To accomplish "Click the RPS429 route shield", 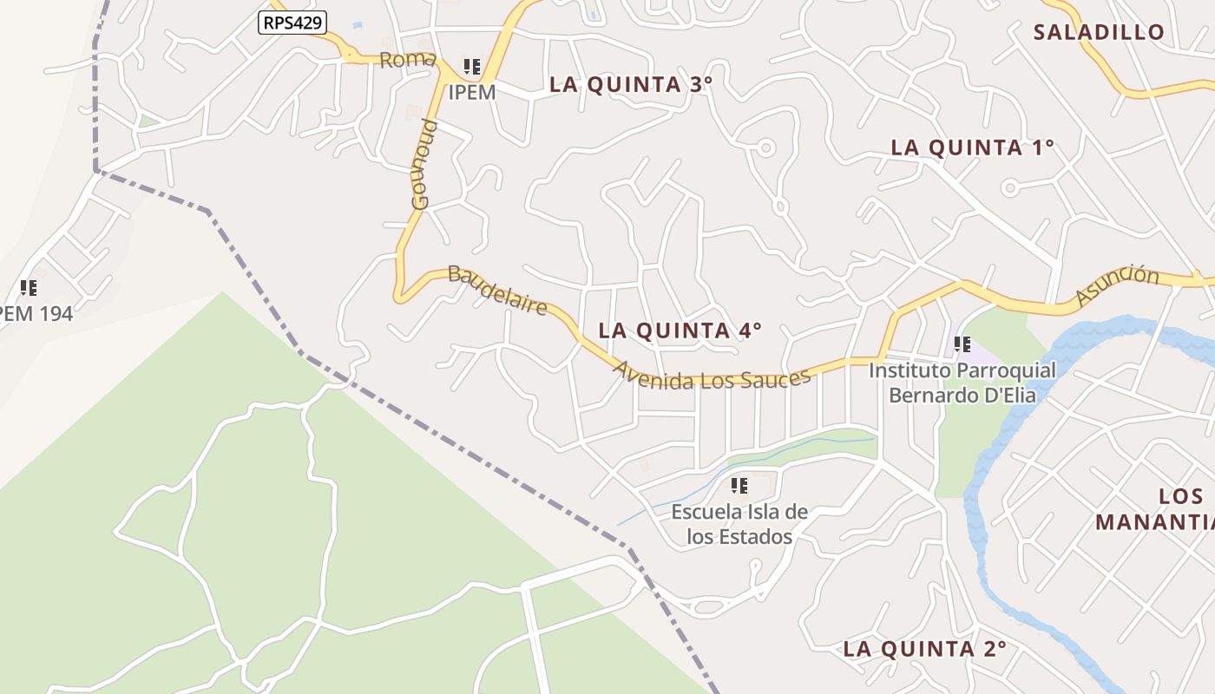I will point(292,23).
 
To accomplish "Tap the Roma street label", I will point(407,60).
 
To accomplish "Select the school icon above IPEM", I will point(472,67).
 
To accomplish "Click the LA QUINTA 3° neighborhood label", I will point(631,85).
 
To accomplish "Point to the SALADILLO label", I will point(1099,33).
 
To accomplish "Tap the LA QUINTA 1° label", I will point(972,147).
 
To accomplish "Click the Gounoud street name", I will point(423,165).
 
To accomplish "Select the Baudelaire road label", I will point(497,290).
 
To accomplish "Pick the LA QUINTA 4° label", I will point(680,331).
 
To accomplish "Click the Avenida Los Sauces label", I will point(712,376).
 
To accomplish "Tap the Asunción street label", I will point(1117,285).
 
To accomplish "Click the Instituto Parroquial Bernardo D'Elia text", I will point(962,383).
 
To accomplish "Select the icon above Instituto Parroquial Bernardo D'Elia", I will point(962,344).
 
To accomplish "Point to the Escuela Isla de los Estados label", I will point(739,524).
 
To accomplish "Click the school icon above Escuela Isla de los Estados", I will point(739,486).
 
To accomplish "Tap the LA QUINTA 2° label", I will point(924,649).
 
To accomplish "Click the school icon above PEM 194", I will point(29,288).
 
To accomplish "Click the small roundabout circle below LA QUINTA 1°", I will point(1009,187).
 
